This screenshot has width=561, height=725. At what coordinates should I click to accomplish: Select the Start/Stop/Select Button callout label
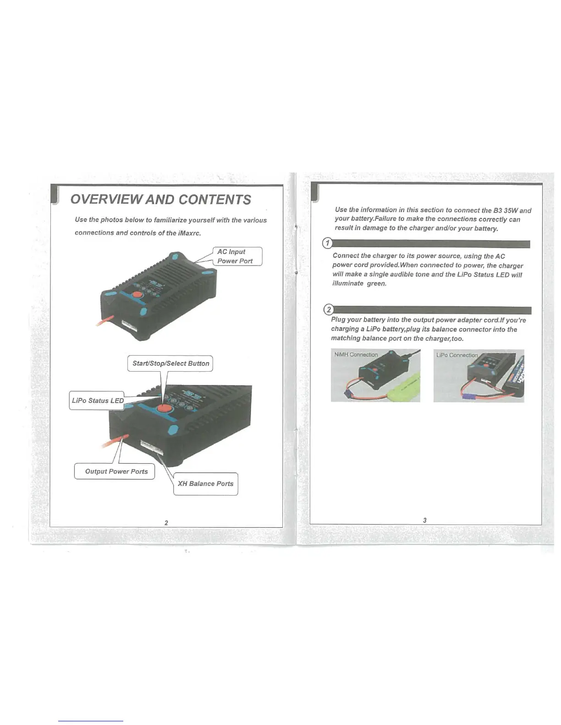point(170,363)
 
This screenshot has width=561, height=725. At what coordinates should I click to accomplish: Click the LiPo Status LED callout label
point(98,400)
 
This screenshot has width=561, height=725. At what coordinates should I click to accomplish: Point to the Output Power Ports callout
point(116,471)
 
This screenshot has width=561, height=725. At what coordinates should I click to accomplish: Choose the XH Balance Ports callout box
point(205,484)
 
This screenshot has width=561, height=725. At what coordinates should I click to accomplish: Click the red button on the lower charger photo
point(163,409)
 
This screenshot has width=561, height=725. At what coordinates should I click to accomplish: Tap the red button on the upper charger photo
point(137,295)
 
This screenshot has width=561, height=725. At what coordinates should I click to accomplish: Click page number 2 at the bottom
point(166,523)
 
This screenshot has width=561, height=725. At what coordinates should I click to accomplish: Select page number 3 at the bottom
point(425,520)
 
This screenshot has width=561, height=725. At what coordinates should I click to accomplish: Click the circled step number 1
point(327,243)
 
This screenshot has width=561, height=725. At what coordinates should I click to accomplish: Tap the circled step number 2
point(328,310)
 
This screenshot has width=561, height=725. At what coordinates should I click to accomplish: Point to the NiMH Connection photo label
point(356,355)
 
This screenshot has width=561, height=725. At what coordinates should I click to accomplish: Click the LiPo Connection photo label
point(457,355)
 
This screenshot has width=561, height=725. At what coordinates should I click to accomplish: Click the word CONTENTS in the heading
point(214,200)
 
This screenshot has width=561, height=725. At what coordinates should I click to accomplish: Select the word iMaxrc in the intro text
point(188,233)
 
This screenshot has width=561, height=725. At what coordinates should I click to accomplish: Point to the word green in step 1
point(376,284)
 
